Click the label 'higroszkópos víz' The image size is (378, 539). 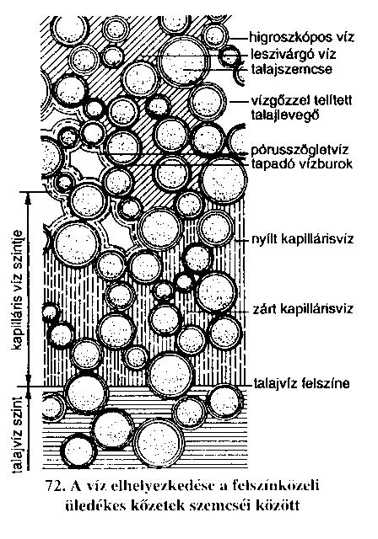[302, 37]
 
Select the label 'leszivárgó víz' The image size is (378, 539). [294, 54]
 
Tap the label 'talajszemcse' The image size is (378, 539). [292, 69]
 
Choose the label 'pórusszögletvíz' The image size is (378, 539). [300, 150]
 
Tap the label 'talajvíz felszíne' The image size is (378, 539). [301, 383]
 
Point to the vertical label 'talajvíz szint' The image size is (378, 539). [17, 434]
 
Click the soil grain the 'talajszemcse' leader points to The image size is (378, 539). [183, 61]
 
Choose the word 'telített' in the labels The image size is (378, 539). [333, 101]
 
